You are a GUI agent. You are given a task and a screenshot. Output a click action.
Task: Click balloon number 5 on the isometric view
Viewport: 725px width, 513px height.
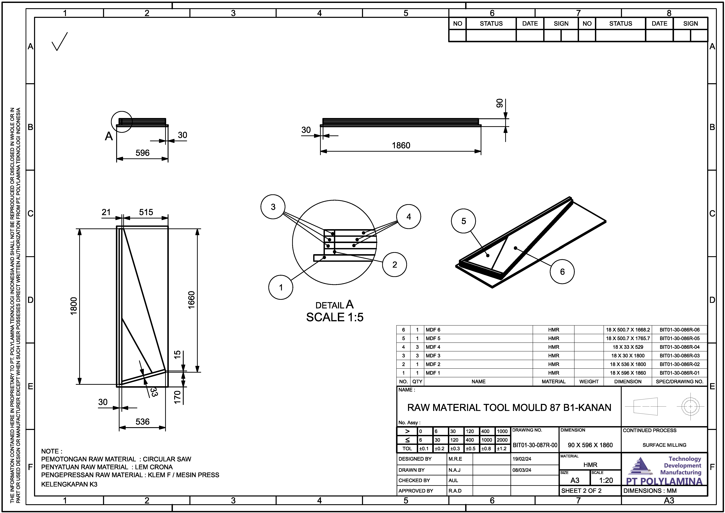click(464, 221)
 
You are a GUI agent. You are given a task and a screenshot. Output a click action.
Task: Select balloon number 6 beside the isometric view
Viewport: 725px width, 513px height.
click(562, 272)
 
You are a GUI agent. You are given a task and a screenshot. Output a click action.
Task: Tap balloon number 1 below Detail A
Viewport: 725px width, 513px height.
click(281, 288)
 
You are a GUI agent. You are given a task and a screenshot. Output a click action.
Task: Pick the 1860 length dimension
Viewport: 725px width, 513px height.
click(401, 146)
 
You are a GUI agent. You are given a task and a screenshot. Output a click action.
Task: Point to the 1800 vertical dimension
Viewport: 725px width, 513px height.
click(74, 306)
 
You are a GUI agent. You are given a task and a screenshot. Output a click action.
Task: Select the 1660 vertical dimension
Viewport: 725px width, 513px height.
click(191, 300)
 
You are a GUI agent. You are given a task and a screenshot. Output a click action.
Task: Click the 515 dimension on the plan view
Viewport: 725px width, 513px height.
click(146, 212)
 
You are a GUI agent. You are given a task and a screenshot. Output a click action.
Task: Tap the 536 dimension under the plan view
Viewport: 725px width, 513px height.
click(142, 422)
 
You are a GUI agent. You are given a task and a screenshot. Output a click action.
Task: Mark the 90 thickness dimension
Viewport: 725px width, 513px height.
click(499, 103)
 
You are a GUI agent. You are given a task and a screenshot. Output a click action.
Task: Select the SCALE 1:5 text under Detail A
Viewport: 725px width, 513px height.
click(335, 317)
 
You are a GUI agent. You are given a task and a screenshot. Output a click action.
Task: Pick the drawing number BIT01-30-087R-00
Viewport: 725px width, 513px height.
click(535, 445)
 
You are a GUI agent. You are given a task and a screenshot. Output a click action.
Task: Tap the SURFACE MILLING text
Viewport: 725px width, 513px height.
click(664, 445)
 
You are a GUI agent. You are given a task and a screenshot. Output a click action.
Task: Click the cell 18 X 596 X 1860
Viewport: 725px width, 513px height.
click(628, 373)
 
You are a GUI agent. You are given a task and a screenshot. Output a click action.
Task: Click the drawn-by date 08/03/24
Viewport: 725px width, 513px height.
click(522, 470)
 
